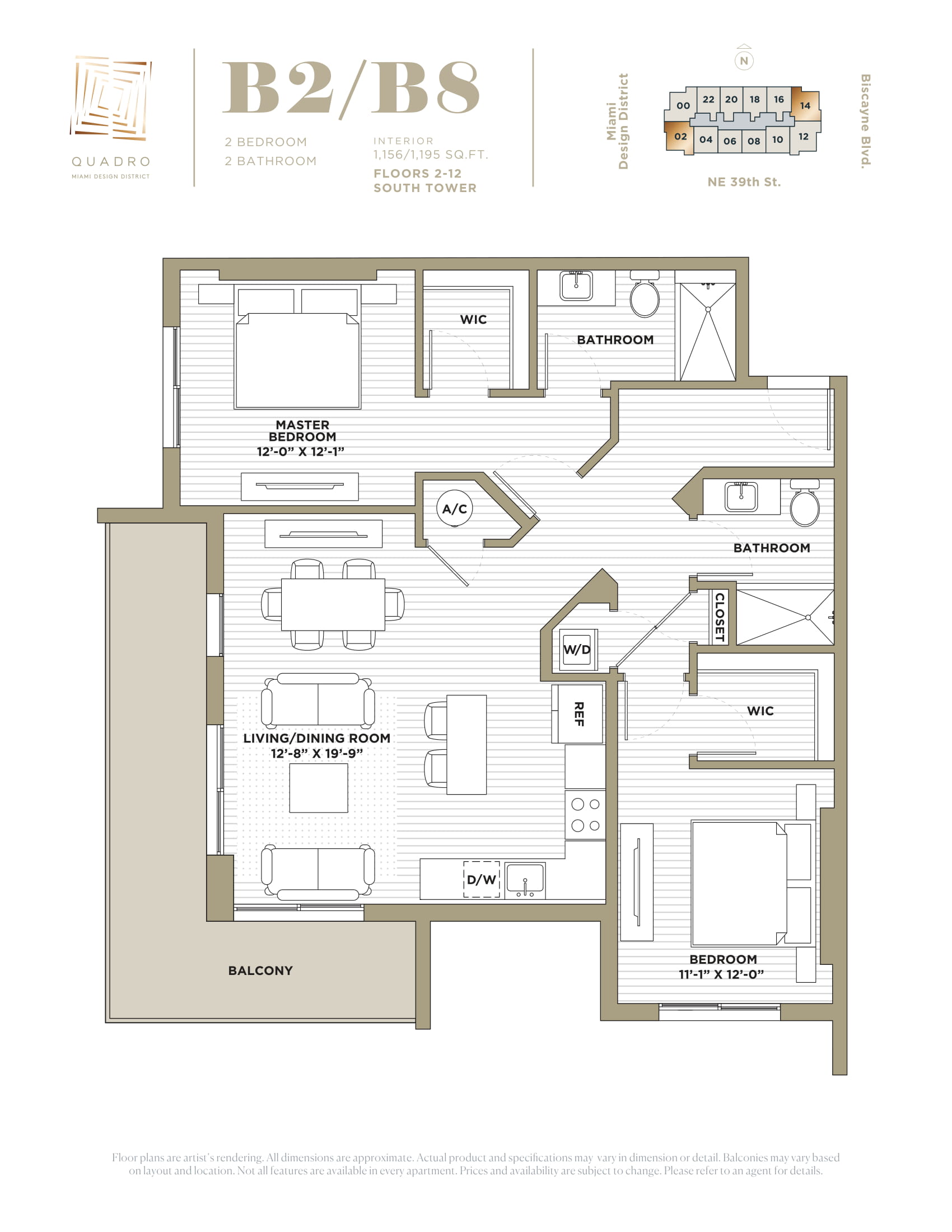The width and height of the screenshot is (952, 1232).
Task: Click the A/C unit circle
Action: coord(455,508)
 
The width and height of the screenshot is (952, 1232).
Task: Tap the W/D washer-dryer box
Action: coord(577,649)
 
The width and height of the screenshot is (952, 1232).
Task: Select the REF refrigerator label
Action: coord(578,713)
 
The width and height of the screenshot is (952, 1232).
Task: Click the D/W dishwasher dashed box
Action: coord(482,879)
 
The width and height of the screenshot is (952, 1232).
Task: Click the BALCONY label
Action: coord(260,970)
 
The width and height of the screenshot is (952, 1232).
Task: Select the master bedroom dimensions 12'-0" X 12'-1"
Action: coord(300,451)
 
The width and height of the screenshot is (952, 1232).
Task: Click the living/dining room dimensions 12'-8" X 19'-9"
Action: coord(316,753)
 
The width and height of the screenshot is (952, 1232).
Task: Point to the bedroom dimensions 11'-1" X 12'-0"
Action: coord(721,974)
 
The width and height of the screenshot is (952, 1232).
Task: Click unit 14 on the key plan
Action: coord(805,105)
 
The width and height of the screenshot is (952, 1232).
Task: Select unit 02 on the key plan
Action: coord(680,137)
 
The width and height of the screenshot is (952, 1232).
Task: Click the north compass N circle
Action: coord(744,61)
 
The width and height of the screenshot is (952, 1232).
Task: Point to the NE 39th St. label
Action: coord(744,181)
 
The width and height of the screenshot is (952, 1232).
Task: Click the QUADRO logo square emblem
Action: coord(111,97)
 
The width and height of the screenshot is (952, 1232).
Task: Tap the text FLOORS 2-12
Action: coord(417,173)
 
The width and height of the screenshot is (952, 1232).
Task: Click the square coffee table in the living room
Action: coord(319,787)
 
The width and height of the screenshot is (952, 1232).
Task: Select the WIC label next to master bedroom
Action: coord(473,319)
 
